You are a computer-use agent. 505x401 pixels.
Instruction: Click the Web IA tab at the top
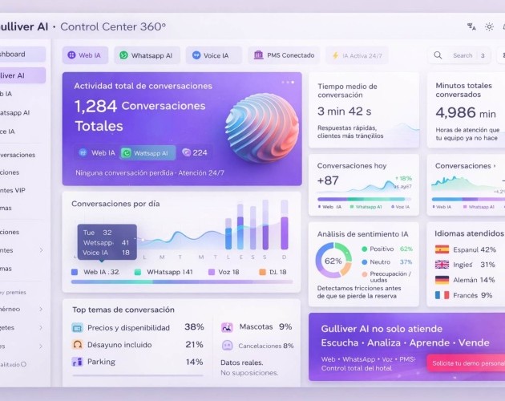(86, 55)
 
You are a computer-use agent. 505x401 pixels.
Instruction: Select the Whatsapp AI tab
(147, 55)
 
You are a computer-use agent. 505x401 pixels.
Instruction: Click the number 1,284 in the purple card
(95, 106)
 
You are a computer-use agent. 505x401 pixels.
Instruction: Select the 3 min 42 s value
(344, 111)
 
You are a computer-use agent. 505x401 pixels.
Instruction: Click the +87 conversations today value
(328, 180)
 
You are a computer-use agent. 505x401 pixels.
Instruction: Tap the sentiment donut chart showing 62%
(333, 261)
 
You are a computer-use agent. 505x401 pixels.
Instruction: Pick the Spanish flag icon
(442, 249)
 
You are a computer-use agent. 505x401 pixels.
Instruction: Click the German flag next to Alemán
(442, 280)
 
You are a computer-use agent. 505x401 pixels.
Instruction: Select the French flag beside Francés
(442, 295)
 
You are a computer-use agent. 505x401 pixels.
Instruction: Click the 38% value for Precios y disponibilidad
(194, 327)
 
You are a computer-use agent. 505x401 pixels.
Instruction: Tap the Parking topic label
(101, 362)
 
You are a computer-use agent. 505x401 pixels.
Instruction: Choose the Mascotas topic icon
(227, 327)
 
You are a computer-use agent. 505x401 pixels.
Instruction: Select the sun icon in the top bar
(490, 26)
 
